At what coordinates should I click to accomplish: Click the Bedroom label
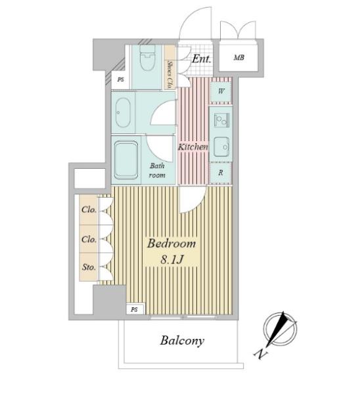[x=171, y=244]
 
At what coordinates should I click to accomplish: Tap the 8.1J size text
[x=172, y=259]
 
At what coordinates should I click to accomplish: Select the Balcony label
[x=182, y=341]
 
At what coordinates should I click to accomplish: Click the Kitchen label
[x=193, y=146]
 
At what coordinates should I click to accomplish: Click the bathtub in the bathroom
[x=126, y=160]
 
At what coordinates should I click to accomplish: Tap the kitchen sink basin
[x=221, y=146]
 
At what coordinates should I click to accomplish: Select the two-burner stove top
[x=221, y=120]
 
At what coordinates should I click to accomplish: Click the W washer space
[x=221, y=91]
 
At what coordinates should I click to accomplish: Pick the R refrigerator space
[x=221, y=173]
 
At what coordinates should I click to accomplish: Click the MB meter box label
[x=239, y=58]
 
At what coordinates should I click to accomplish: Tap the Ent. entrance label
[x=202, y=59]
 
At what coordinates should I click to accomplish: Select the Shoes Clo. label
[x=169, y=74]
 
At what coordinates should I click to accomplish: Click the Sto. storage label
[x=89, y=267]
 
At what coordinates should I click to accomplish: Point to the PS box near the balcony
[x=135, y=309]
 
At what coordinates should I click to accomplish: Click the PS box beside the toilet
[x=121, y=79]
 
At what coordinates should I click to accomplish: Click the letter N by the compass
[x=260, y=354]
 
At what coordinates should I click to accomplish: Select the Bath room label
[x=157, y=170]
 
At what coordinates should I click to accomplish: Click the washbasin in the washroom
[x=124, y=112]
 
